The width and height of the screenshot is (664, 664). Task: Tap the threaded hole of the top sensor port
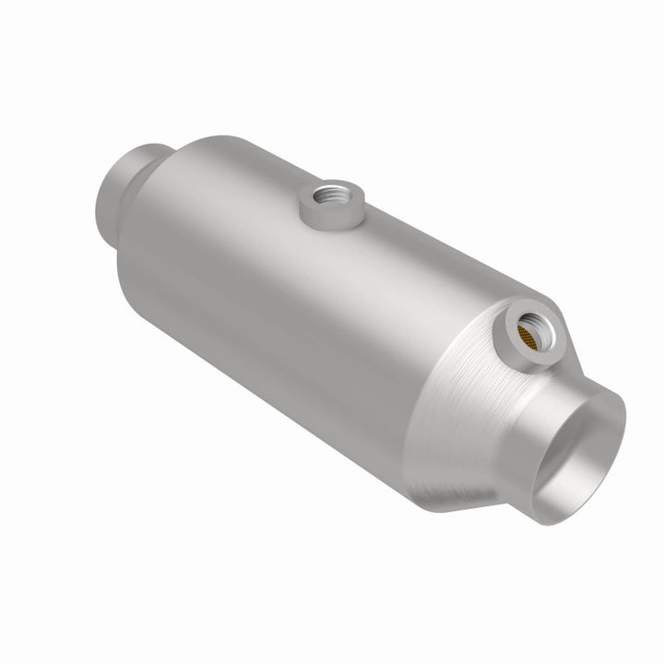pyautogui.click(x=328, y=195)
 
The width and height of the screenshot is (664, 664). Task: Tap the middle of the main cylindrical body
pyautogui.click(x=304, y=304)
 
